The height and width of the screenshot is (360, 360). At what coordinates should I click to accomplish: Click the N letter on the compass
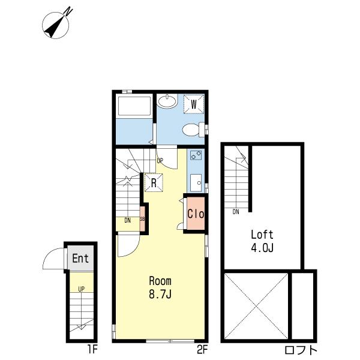[x=68, y=11]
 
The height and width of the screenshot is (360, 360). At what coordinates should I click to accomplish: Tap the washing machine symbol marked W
[x=194, y=104]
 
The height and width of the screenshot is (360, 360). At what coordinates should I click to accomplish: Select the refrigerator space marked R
[x=154, y=183]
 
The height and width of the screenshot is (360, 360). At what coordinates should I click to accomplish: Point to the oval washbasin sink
[x=167, y=101]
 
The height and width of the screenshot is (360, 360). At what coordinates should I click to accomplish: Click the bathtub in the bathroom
[x=134, y=106]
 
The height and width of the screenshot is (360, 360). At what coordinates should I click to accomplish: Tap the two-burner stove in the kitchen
[x=196, y=155]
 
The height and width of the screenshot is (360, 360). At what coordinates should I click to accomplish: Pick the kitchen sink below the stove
[x=196, y=182]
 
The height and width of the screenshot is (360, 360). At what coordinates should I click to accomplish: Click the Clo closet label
[x=196, y=214]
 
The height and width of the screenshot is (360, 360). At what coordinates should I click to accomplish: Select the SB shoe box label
[x=142, y=219]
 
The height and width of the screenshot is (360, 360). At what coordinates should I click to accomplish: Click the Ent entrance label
[x=80, y=258]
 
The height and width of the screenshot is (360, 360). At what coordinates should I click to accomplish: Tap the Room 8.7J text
[x=160, y=287]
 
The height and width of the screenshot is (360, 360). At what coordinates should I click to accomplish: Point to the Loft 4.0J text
[x=262, y=241]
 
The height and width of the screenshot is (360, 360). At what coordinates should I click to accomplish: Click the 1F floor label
[x=92, y=350]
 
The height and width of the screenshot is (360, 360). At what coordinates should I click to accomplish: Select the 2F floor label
[x=202, y=350]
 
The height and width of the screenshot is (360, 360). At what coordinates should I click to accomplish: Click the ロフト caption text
[x=301, y=350]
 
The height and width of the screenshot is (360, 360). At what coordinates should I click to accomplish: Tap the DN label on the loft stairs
[x=236, y=212]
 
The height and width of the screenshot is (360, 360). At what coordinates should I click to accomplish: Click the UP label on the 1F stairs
[x=81, y=289]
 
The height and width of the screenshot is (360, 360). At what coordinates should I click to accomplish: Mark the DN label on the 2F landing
[x=128, y=220]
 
